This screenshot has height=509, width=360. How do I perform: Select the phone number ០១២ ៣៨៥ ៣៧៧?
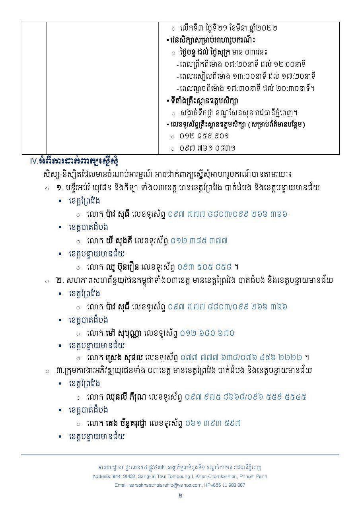tap(199, 240)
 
